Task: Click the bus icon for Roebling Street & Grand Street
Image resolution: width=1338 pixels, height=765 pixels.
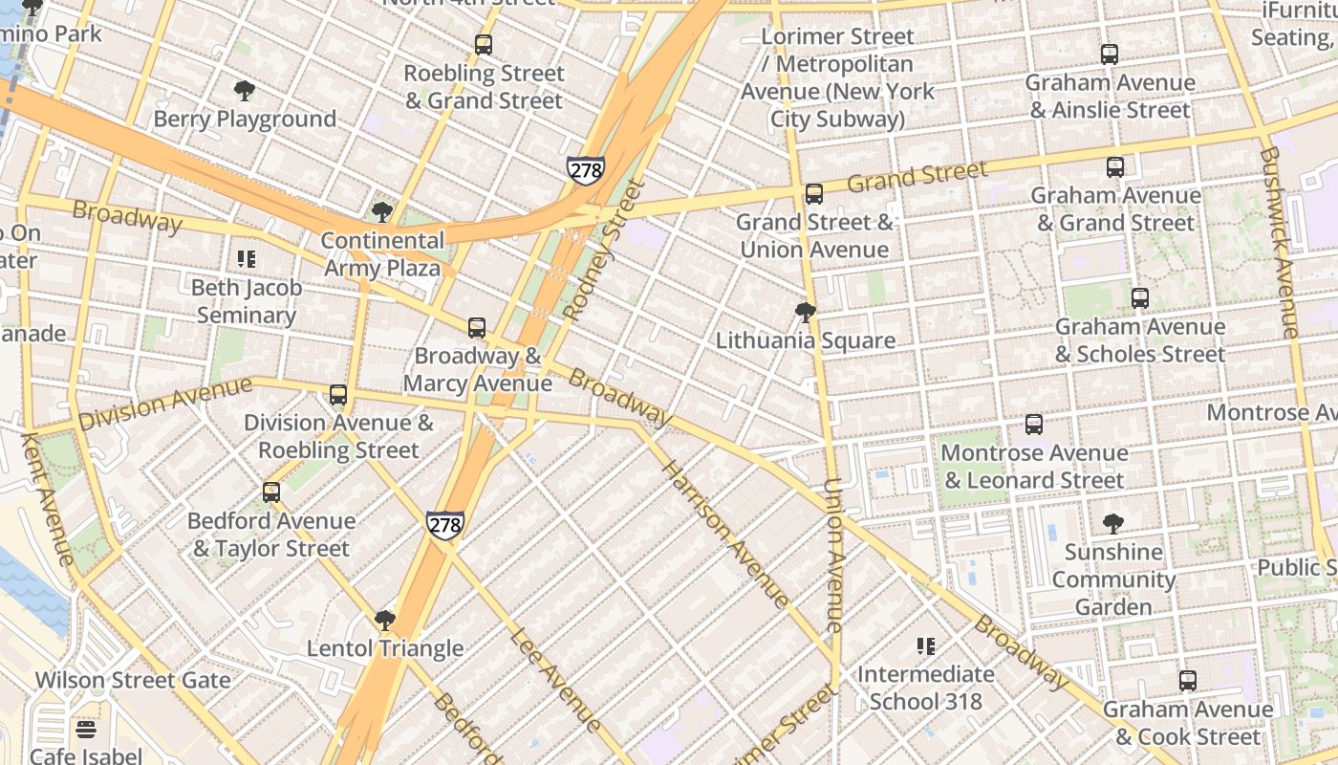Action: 484,44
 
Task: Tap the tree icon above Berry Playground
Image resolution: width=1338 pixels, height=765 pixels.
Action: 245,91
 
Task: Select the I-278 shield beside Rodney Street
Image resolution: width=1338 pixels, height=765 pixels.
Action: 585,170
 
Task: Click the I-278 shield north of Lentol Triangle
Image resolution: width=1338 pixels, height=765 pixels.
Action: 445,525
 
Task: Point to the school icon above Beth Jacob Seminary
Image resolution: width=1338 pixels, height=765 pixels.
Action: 247,259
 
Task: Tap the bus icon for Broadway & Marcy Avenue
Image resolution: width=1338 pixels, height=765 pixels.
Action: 477,328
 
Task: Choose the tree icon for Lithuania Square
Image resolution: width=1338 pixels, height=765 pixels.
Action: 806,312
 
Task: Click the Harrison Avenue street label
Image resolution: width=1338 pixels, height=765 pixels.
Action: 725,535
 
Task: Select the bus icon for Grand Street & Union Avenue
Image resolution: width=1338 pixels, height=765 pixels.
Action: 814,194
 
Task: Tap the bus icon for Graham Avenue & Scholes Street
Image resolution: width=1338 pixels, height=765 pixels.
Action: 1139,298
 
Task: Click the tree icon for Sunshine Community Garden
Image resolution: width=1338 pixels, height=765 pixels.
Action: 1112,523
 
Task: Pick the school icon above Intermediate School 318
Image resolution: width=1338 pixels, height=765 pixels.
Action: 925,646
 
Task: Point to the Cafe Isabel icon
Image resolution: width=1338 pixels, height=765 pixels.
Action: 86,730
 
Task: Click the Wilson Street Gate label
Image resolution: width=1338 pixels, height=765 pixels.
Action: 133,681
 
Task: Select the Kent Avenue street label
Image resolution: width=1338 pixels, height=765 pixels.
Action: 47,499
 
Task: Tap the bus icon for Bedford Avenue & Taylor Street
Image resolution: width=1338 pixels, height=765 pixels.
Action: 271,492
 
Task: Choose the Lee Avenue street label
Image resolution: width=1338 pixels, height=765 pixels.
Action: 555,680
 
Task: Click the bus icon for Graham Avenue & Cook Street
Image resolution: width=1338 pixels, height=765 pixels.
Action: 1187,681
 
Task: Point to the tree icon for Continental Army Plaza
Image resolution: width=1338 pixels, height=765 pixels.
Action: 382,212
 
